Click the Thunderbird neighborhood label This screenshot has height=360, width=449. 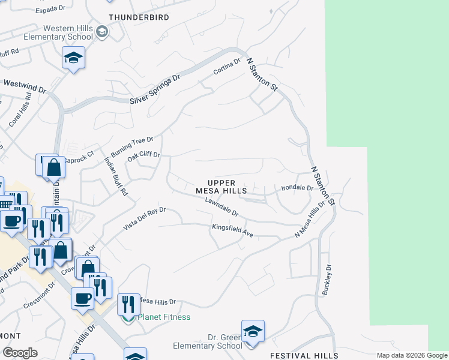click(x=139, y=17)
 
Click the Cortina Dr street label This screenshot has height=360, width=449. click(x=228, y=67)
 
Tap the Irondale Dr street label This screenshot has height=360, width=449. click(x=298, y=188)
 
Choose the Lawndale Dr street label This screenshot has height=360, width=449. click(x=221, y=208)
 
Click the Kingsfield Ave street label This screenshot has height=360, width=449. click(x=232, y=230)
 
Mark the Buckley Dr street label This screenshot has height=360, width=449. click(x=328, y=280)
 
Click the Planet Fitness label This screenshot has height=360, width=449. click(x=164, y=317)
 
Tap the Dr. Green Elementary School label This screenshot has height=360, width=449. click(x=207, y=341)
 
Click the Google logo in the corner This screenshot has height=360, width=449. click(x=20, y=353)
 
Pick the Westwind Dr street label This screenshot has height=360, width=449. click(x=24, y=87)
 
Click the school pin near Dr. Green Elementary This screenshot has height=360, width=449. click(x=253, y=331)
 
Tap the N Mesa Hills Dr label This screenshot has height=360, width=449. click(x=313, y=220)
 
